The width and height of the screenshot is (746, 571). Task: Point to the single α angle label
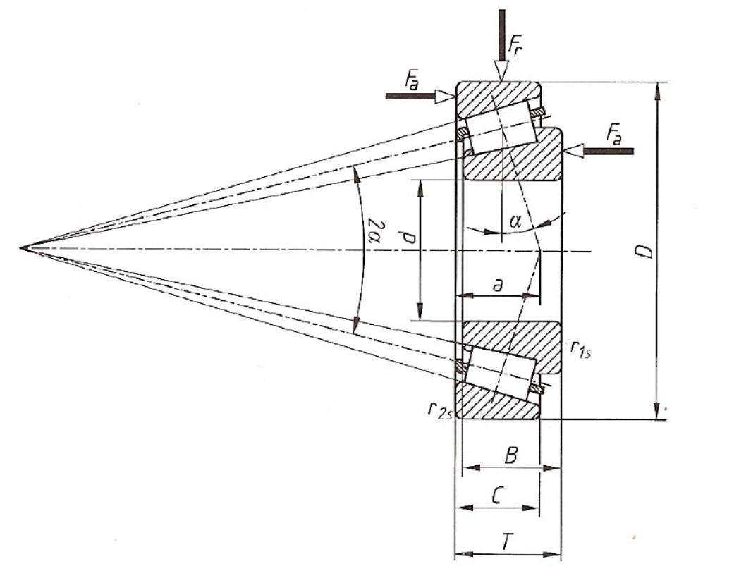point(515,221)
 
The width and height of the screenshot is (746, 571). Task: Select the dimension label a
point(498,285)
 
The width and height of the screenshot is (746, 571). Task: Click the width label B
point(510,456)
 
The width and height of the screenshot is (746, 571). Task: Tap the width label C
point(496,497)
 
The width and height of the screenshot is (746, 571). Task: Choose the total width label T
point(508,541)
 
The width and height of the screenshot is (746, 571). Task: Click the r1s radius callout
point(580,350)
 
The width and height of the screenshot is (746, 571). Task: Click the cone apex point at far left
point(21,248)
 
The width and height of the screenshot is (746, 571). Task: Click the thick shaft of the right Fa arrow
point(609,152)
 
